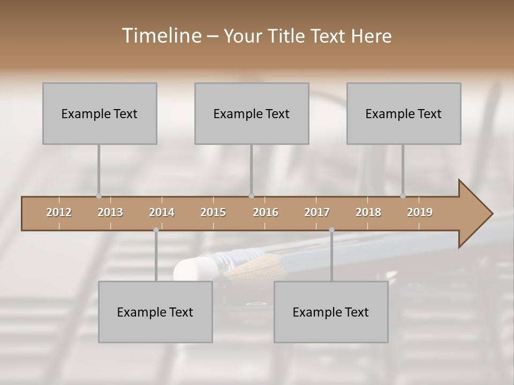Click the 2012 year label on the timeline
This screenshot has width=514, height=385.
tap(59, 212)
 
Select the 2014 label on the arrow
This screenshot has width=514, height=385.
tap(162, 212)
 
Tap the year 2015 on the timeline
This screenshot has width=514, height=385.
tap(213, 212)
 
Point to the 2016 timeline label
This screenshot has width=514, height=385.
tap(266, 212)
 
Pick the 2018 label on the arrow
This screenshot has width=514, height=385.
tap(368, 212)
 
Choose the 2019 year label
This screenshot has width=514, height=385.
tap(420, 212)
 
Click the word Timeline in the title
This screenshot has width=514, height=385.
tap(161, 36)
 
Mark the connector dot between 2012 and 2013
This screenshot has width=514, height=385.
tap(99, 196)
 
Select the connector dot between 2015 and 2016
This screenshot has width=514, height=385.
tap(251, 196)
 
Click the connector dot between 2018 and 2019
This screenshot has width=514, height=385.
tap(403, 196)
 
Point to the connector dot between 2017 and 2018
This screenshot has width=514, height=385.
tap(331, 230)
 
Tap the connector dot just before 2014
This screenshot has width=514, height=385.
tap(156, 230)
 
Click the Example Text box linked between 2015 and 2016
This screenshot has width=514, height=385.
tap(252, 113)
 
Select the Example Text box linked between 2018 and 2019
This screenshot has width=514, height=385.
tap(404, 113)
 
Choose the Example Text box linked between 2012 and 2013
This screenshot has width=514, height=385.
tap(100, 113)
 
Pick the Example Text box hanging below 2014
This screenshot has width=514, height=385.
tap(155, 312)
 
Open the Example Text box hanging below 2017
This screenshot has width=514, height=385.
tap(331, 312)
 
